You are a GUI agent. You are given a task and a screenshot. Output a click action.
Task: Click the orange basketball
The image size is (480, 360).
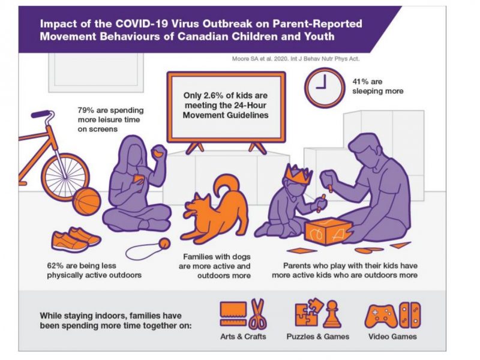[86, 202]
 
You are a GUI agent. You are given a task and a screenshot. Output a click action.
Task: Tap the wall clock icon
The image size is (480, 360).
[324, 87]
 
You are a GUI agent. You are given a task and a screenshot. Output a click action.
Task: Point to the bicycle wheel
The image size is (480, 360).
[65, 176]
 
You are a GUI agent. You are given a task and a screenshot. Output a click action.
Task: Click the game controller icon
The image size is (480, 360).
[381, 316]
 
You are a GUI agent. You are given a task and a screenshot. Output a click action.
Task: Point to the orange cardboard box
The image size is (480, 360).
[328, 230]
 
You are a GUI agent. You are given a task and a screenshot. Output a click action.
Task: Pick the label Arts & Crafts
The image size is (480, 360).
[244, 337]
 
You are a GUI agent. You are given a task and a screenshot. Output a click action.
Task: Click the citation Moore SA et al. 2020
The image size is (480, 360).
[260, 59]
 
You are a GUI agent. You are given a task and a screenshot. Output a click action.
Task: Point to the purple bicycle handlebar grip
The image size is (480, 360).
[41, 114]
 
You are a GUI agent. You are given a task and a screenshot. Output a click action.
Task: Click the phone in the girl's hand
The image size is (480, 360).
[139, 179]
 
